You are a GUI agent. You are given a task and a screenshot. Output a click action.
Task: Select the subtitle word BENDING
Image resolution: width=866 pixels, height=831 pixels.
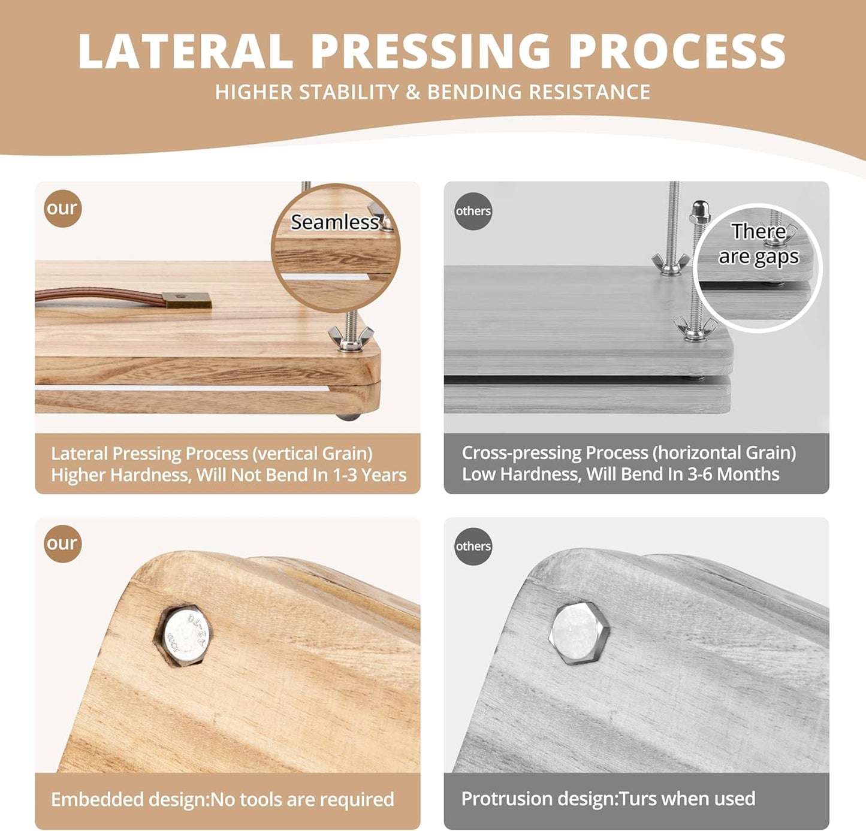point(474,92)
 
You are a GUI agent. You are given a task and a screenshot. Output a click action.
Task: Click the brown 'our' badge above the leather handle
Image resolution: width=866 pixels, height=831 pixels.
point(62,208)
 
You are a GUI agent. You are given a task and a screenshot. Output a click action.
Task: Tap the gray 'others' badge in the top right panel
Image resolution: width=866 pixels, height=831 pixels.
point(473,211)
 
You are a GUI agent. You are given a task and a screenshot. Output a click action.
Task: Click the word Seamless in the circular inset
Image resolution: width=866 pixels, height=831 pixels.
point(334,222)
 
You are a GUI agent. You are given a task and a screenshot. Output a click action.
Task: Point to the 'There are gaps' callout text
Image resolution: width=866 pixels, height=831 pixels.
point(758,244)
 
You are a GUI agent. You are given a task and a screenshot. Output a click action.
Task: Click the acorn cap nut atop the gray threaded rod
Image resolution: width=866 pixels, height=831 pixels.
point(700,210)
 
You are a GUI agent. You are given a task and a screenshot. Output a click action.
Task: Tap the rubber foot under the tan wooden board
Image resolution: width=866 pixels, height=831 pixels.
point(348,416)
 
